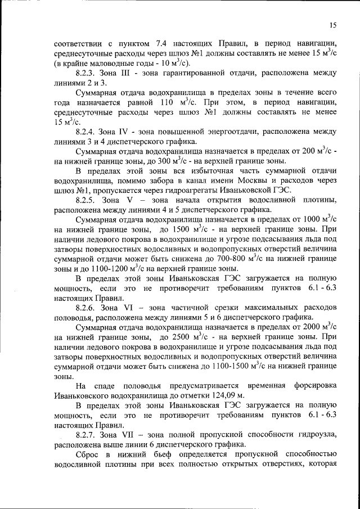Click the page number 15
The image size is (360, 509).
[333, 25]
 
